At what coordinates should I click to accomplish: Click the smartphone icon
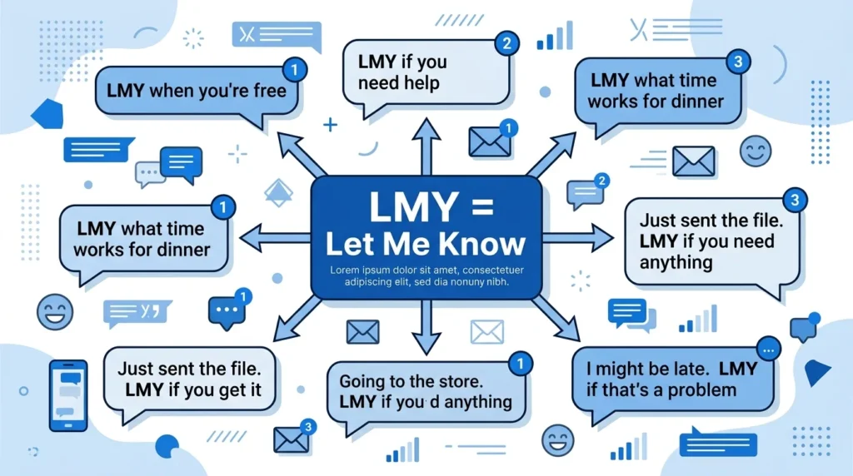point(68,395)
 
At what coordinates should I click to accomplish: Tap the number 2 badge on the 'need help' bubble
point(507,43)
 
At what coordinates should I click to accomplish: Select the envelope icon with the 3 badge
point(294,436)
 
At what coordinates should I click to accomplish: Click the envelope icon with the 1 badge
point(492,139)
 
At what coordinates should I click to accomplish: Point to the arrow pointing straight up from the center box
point(426,146)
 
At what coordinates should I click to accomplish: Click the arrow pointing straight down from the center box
point(426,327)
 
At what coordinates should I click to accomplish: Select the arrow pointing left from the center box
point(275,237)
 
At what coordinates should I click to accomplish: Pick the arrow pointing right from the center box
point(578,237)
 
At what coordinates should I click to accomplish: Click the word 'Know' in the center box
point(482,244)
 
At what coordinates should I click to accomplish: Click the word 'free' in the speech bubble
point(270,90)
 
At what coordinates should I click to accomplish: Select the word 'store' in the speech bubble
point(461,381)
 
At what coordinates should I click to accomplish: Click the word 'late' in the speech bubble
point(691,369)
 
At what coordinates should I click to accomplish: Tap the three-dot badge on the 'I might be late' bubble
point(768,350)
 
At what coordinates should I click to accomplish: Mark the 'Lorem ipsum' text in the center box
point(426,275)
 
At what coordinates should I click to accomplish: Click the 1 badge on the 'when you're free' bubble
point(295,70)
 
